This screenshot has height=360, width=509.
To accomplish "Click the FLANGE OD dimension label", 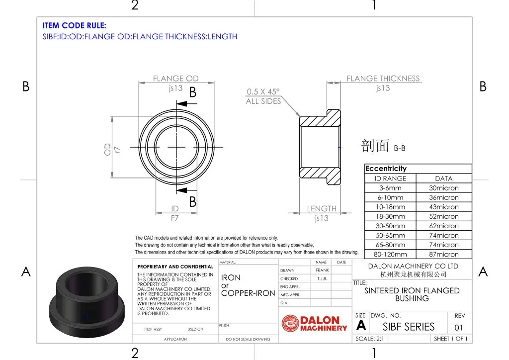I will [x=175, y=79].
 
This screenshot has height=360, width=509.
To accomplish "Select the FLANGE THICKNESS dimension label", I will [x=383, y=79].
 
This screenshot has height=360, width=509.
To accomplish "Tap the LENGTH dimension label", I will [x=322, y=209].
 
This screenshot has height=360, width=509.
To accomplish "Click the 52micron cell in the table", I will [x=444, y=216].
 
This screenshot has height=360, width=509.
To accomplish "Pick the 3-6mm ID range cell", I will [x=390, y=188].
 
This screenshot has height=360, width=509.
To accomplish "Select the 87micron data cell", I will [x=444, y=254].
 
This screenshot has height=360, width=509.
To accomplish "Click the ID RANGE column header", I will [x=390, y=179].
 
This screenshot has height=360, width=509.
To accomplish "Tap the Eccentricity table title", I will [x=386, y=169].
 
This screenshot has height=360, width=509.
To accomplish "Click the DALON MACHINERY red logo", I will [x=315, y=324].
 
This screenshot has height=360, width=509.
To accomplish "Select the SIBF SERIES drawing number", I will [x=409, y=327].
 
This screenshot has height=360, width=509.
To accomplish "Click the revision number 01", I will [x=458, y=327].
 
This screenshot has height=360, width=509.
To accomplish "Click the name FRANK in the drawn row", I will [x=322, y=270].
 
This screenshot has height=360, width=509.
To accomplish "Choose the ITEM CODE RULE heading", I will [x=75, y=26].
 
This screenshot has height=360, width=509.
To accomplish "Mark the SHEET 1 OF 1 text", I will [x=450, y=339].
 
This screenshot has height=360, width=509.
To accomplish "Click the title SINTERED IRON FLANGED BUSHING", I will [x=412, y=294].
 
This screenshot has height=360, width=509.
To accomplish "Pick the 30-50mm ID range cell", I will [x=390, y=226].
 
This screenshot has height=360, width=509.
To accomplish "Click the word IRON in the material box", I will [x=231, y=278].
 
